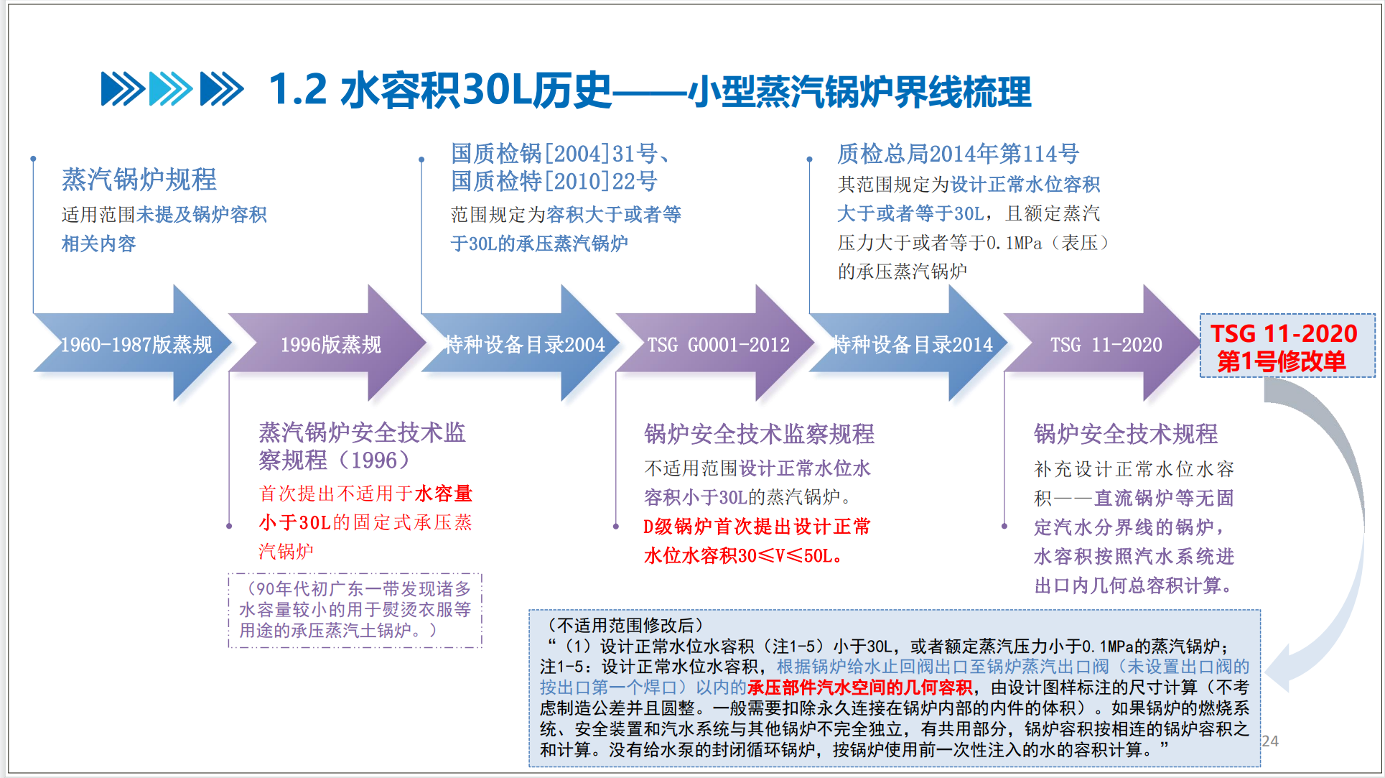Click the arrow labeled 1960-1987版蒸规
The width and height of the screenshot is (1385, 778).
(136, 345)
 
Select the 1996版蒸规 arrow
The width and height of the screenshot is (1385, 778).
(330, 345)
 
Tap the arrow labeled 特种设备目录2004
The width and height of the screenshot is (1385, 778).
(524, 345)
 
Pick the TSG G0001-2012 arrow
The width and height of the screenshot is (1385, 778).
(718, 345)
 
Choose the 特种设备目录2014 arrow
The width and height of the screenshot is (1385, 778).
(912, 345)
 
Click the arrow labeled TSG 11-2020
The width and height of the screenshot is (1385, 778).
(1106, 345)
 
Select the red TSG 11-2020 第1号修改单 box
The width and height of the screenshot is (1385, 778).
(1287, 346)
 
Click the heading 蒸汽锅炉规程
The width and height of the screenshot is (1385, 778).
(139, 180)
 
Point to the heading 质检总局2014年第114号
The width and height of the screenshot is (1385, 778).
(958, 154)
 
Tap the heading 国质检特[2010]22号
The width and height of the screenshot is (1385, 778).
(554, 181)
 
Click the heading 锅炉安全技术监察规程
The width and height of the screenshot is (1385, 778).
(759, 434)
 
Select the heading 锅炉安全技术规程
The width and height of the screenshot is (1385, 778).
(1125, 434)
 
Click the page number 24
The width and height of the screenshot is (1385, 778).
(1270, 741)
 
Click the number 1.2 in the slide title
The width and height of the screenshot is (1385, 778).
(297, 91)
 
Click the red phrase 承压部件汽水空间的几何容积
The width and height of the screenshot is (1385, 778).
(859, 687)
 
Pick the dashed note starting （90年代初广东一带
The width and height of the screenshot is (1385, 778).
(355, 610)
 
